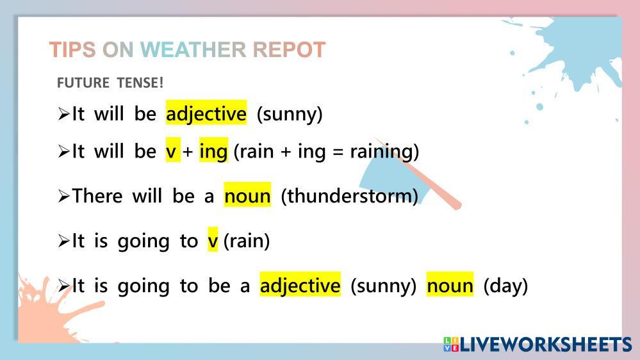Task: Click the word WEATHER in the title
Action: pos(193,50)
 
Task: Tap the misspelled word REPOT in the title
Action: pos(289,50)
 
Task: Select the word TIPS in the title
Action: pos(72,50)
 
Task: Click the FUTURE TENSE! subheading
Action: pos(110,83)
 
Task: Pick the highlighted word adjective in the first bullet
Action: pos(206,113)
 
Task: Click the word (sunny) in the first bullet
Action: pos(290,114)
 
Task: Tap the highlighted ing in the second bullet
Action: pos(213,151)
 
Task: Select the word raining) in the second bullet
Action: pos(384,151)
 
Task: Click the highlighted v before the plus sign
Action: pos(173,151)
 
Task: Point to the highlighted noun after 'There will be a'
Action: pos(247,195)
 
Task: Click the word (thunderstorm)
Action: pos(349,195)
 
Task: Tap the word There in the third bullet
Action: pos(97,195)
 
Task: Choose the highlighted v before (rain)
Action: pos(213,240)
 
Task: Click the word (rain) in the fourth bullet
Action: pos(247,240)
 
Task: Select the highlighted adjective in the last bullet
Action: pos(300,284)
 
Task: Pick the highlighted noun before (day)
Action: pos(450,284)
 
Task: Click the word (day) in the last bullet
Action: pos(505,285)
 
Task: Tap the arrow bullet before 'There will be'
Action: pos(63,196)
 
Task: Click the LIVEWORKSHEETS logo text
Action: pos(546,344)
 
